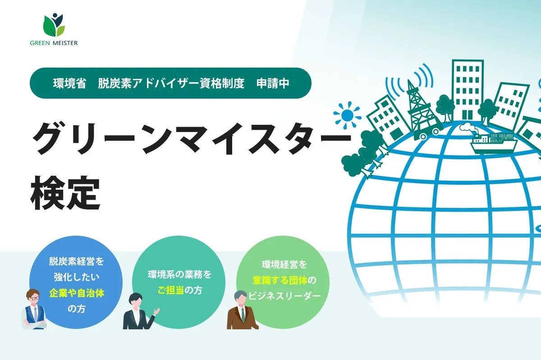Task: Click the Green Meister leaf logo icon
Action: (x=54, y=25)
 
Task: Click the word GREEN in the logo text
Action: (x=40, y=43)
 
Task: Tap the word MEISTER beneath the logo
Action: (x=65, y=43)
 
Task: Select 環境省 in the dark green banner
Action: (x=69, y=83)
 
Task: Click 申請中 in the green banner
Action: (x=273, y=83)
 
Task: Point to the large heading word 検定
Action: (x=65, y=193)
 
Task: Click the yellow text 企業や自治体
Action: (x=77, y=293)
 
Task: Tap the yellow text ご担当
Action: (x=171, y=290)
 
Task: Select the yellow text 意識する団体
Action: (x=280, y=280)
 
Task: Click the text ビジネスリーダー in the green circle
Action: (x=284, y=296)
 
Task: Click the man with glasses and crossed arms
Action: (x=34, y=309)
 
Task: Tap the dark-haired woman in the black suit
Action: (x=140, y=311)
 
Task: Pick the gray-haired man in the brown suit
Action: (x=242, y=310)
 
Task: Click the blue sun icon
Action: (x=347, y=115)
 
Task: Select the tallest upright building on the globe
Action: (x=468, y=90)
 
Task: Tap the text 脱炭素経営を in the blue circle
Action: (x=77, y=261)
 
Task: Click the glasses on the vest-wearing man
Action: (x=34, y=298)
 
